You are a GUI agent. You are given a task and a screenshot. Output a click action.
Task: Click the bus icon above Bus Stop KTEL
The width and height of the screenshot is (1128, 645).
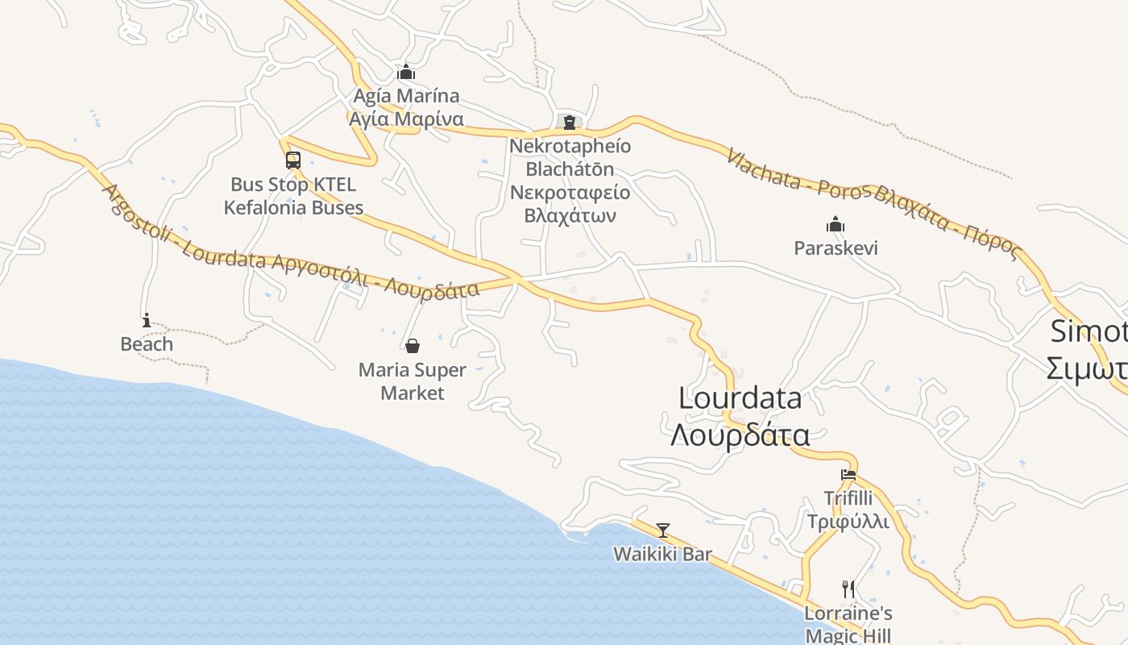point(293,160)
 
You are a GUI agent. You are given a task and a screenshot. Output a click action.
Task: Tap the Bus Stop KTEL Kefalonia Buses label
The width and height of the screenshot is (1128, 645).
point(293,196)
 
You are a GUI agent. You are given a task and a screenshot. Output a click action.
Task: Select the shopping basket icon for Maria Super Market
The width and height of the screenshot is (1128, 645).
point(413,347)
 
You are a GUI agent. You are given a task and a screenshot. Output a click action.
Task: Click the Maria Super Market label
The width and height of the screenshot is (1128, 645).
point(413,381)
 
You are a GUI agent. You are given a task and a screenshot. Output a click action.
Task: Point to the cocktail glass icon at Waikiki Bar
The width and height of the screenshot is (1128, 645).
point(663,531)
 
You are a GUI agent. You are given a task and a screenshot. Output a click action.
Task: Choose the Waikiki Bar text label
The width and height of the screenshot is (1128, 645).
point(663,555)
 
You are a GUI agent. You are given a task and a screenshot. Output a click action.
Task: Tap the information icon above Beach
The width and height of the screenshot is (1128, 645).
point(146,320)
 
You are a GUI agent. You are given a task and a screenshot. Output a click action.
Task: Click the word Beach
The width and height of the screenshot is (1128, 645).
point(147,344)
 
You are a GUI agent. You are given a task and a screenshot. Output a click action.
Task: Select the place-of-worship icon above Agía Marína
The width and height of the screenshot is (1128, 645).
point(406,72)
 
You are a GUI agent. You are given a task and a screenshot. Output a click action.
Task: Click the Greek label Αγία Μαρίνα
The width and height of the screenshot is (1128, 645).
point(406,119)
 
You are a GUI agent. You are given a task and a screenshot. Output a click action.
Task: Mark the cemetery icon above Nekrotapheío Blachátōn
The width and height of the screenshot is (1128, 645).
point(570,123)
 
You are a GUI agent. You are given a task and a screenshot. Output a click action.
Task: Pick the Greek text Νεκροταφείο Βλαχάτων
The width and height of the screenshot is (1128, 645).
point(570,204)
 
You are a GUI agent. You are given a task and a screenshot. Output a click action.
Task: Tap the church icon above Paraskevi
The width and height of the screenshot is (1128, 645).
point(836,224)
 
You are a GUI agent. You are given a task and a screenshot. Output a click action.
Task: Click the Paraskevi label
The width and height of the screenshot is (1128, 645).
point(836,248)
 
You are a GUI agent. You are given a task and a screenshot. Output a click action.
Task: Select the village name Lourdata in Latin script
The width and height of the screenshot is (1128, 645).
point(740,398)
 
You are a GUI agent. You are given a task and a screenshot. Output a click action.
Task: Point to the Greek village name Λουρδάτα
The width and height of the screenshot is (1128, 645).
point(740,435)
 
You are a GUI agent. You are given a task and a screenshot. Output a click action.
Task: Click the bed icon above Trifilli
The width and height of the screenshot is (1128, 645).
point(848,475)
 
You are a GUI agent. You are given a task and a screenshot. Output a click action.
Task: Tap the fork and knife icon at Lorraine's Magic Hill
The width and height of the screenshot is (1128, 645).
point(848,589)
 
